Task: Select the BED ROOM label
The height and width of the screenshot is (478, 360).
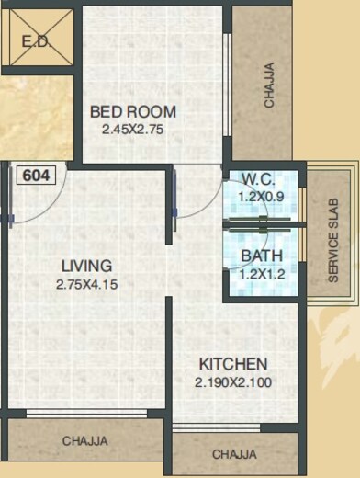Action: coord(133,112)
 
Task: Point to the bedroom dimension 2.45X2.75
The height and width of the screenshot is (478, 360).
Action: coord(133,130)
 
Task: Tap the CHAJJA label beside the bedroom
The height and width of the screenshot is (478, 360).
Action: coord(269,85)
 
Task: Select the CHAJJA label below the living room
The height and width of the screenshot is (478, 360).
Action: coord(84,441)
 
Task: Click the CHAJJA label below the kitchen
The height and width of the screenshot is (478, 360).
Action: coord(234,454)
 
